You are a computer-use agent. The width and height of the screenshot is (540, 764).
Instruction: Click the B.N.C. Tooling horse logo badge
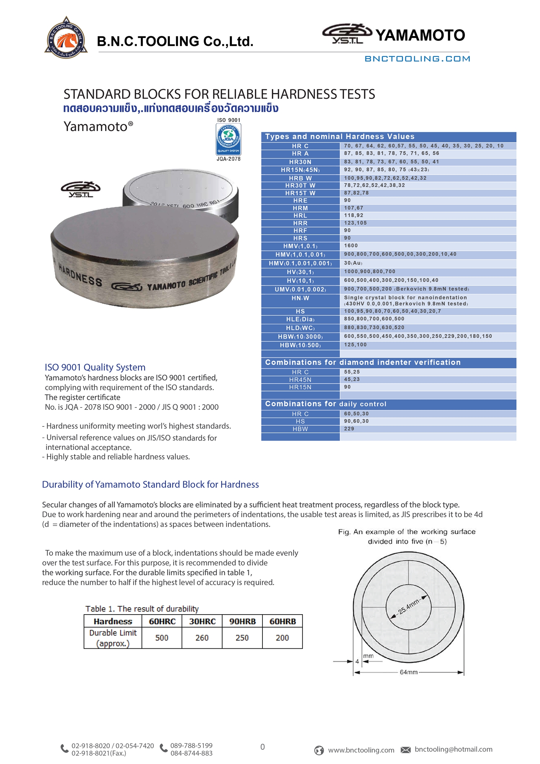(x=66, y=38)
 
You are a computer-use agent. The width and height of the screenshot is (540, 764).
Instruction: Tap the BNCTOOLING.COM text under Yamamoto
(x=417, y=59)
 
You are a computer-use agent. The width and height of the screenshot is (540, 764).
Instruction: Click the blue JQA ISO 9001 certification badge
(x=228, y=139)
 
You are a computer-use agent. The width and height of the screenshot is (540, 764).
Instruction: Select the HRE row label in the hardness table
(x=300, y=201)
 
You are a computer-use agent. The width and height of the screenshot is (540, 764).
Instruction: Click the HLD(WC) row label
(x=300, y=328)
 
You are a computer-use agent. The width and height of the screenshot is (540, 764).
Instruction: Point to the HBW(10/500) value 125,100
(x=355, y=345)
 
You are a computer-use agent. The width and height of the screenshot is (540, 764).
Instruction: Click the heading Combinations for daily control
(x=325, y=404)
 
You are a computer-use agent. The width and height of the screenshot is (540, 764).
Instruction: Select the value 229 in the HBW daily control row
(x=349, y=429)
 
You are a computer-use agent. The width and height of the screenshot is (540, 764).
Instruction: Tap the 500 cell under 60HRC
(x=162, y=638)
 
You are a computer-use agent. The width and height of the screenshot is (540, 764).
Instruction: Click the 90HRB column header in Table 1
(x=242, y=621)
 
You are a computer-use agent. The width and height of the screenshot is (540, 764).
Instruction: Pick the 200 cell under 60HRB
(x=282, y=638)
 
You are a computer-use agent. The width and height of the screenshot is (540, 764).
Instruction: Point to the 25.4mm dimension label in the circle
(x=409, y=607)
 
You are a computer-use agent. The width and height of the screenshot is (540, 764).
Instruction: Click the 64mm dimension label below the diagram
(x=409, y=672)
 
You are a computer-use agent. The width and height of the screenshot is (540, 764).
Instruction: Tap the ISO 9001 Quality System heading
(x=95, y=367)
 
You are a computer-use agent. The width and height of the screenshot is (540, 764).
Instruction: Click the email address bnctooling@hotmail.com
(x=453, y=749)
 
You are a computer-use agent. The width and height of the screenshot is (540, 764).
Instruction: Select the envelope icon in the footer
(x=406, y=750)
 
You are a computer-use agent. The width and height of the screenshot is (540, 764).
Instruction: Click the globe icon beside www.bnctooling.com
(x=319, y=750)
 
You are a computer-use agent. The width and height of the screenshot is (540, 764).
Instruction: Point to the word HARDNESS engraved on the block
(x=80, y=276)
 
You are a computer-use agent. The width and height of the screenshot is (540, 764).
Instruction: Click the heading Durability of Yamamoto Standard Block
(x=150, y=484)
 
